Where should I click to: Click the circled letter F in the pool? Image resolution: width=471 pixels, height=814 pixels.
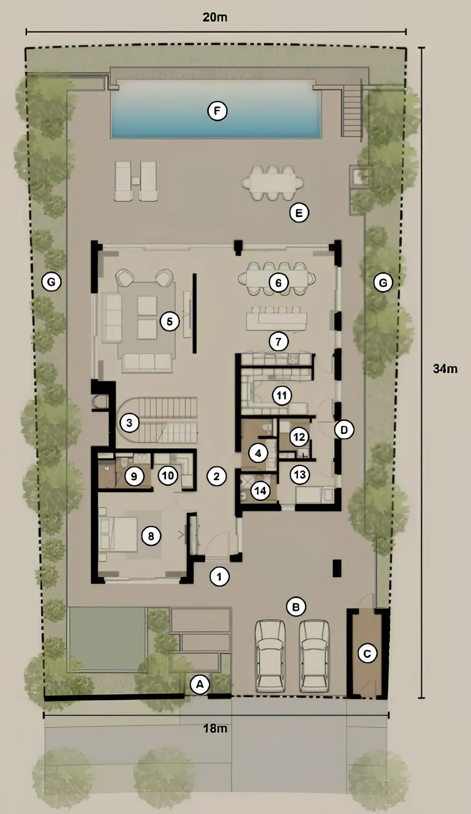[x=217, y=111]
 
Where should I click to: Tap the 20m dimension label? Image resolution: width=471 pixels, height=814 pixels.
[x=215, y=17]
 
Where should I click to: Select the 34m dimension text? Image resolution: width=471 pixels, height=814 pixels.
[x=445, y=368]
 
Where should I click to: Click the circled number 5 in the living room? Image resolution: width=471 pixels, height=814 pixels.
[x=170, y=322]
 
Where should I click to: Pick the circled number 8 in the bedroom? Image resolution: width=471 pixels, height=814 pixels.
[x=151, y=536]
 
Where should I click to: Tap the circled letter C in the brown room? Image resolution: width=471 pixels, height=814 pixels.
[x=367, y=654]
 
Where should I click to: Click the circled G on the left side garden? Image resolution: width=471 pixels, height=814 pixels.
[x=51, y=282]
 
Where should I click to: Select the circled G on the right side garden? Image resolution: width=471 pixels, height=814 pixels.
[x=383, y=282]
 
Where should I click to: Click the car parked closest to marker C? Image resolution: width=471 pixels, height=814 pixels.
[x=314, y=656]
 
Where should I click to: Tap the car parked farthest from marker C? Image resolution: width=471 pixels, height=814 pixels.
[x=270, y=656]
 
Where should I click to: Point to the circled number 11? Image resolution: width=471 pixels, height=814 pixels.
[x=282, y=395]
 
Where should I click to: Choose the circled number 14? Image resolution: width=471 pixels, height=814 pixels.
[x=260, y=491]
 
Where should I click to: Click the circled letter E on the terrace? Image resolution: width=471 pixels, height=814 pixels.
[x=299, y=213]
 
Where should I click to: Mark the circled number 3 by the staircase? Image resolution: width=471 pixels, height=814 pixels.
[x=129, y=423]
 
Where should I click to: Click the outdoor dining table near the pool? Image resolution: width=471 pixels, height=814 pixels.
[x=273, y=183]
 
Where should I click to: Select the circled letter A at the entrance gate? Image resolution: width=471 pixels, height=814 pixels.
[x=200, y=685]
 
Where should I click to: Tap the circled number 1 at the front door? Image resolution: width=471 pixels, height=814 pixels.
[x=219, y=576]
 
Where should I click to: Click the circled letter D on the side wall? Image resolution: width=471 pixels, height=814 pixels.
[x=344, y=430]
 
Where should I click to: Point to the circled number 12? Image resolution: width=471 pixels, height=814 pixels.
[x=299, y=437]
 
